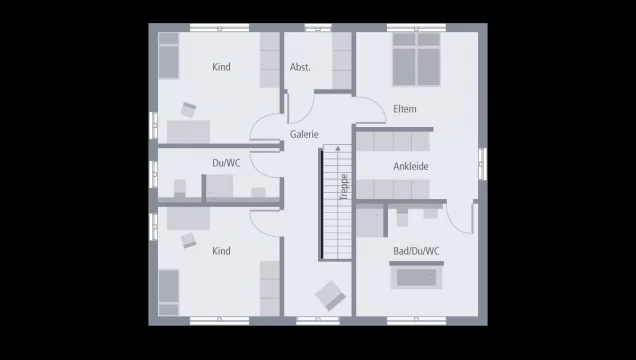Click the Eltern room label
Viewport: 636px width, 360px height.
click(405, 109)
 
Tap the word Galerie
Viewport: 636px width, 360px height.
click(304, 133)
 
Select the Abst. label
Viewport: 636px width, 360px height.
click(300, 67)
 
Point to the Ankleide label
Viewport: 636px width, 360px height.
click(410, 166)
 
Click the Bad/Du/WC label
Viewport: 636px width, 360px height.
click(416, 250)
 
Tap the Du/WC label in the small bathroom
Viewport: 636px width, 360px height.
click(226, 162)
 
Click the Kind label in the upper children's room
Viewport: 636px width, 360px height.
click(221, 67)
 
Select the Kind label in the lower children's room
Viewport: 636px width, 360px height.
click(221, 251)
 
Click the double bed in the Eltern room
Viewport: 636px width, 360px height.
click(416, 59)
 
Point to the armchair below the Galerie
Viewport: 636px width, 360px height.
click(330, 294)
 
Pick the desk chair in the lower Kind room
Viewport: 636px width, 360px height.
click(189, 239)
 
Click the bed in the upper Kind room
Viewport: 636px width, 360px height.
click(168, 59)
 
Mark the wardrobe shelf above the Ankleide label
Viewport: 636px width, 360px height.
click(394, 139)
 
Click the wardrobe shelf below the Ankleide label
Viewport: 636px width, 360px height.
click(394, 189)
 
